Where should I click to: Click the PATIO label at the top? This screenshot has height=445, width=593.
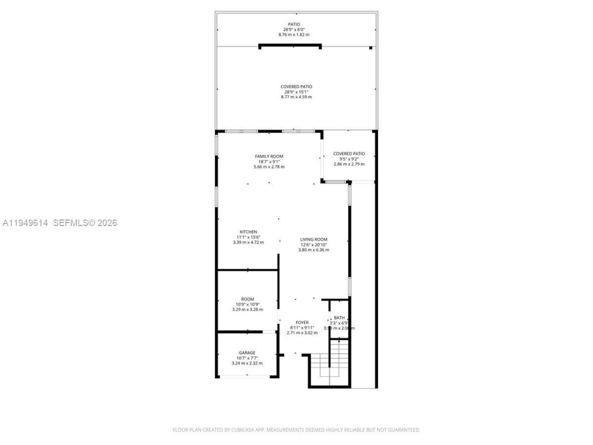294,24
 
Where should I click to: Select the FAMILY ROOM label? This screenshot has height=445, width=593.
269,156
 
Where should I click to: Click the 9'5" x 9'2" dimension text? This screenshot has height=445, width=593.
349,159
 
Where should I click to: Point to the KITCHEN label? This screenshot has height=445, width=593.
248,232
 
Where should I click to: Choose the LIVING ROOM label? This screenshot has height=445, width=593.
314,240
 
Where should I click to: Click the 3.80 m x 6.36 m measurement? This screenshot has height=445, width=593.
314,250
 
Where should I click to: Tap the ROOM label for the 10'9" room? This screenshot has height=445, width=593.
247,299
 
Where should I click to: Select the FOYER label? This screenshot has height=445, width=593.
302,322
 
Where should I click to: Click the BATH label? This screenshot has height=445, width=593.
339,318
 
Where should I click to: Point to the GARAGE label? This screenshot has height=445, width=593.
247,353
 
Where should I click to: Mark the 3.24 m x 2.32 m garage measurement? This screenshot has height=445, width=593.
247,363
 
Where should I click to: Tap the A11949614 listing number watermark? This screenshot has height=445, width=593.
25,223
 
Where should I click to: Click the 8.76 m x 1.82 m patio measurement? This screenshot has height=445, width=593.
294,35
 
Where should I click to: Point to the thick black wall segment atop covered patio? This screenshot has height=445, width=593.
290,45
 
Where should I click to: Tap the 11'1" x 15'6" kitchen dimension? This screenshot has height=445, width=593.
248,237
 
